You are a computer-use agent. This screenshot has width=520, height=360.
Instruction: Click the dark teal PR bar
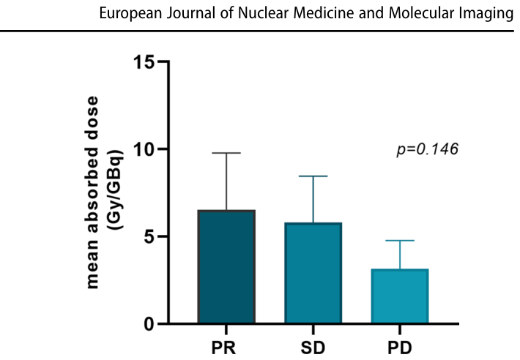[x=226, y=266]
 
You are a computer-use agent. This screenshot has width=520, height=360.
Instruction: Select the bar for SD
[x=313, y=273]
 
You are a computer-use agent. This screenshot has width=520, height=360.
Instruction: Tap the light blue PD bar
[x=400, y=296]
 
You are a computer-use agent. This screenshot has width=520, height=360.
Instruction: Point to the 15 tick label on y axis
[x=144, y=61]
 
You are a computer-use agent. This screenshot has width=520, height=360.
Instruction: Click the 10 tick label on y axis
[x=144, y=149]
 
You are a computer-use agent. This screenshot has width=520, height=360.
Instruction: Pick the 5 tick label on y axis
[x=150, y=237]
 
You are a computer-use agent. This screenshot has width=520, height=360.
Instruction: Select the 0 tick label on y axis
[x=150, y=324]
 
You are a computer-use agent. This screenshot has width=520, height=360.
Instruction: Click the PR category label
[x=224, y=348]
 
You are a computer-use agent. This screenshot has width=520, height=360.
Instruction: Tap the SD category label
[x=313, y=348]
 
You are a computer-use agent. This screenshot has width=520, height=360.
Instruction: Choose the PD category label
[x=400, y=348]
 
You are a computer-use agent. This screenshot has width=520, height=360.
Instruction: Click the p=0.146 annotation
[x=428, y=149]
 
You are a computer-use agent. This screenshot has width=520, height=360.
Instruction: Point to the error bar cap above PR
[x=226, y=153]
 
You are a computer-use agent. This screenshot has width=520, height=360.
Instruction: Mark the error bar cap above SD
[x=313, y=176]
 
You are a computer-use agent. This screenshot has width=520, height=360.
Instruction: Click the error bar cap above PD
[x=400, y=241]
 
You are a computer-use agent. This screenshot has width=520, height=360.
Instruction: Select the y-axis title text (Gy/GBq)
[x=117, y=190]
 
